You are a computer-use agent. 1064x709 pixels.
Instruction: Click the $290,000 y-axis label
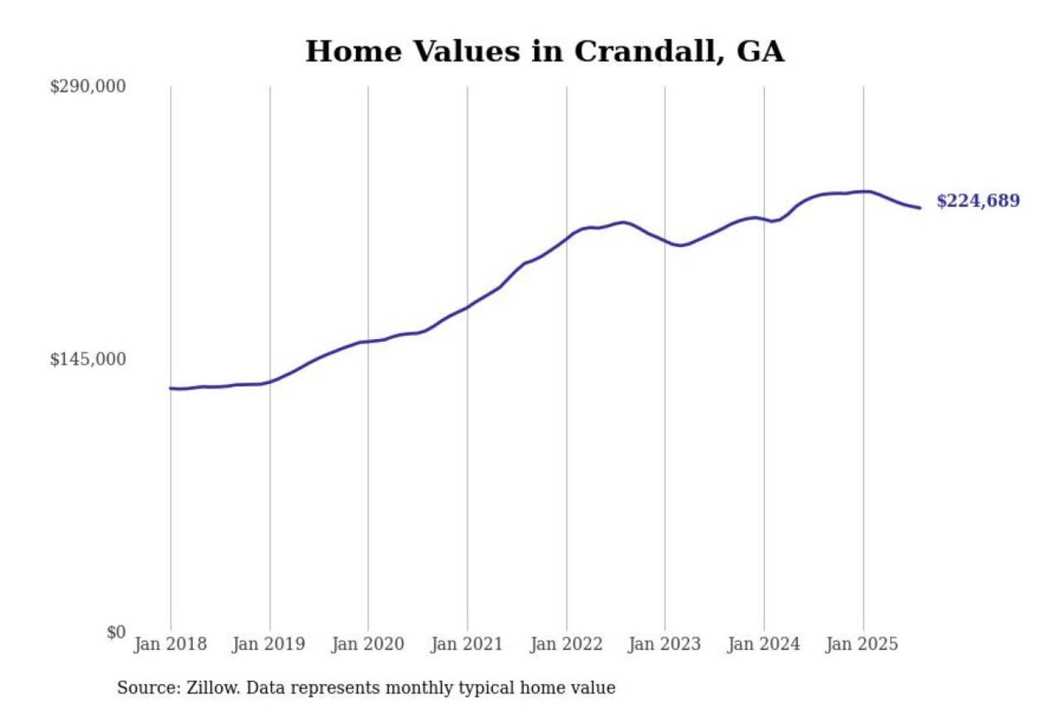[88, 86]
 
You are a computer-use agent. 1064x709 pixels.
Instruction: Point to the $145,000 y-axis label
[88, 360]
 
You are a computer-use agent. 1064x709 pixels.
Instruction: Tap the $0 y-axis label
[116, 632]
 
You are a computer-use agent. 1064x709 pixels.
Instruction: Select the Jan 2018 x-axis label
[170, 644]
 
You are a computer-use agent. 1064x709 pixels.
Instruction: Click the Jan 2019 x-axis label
[268, 644]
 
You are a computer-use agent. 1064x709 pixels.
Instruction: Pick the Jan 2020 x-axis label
[367, 644]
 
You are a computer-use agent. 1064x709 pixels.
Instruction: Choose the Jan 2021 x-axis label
[466, 644]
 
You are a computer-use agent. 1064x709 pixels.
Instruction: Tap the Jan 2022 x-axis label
[566, 644]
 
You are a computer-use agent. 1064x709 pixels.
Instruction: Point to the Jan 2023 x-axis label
[664, 644]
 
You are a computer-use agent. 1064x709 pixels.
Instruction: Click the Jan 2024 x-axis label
[763, 644]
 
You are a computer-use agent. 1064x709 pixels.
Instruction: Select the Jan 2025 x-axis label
[862, 644]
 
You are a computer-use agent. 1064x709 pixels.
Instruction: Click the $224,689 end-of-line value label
[978, 201]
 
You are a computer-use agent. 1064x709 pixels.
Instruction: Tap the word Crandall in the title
[648, 52]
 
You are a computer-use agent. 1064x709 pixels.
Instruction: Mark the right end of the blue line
[920, 208]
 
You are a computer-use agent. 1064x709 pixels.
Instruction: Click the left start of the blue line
[171, 388]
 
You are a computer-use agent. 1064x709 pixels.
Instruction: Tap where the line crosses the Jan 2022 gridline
[567, 239]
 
